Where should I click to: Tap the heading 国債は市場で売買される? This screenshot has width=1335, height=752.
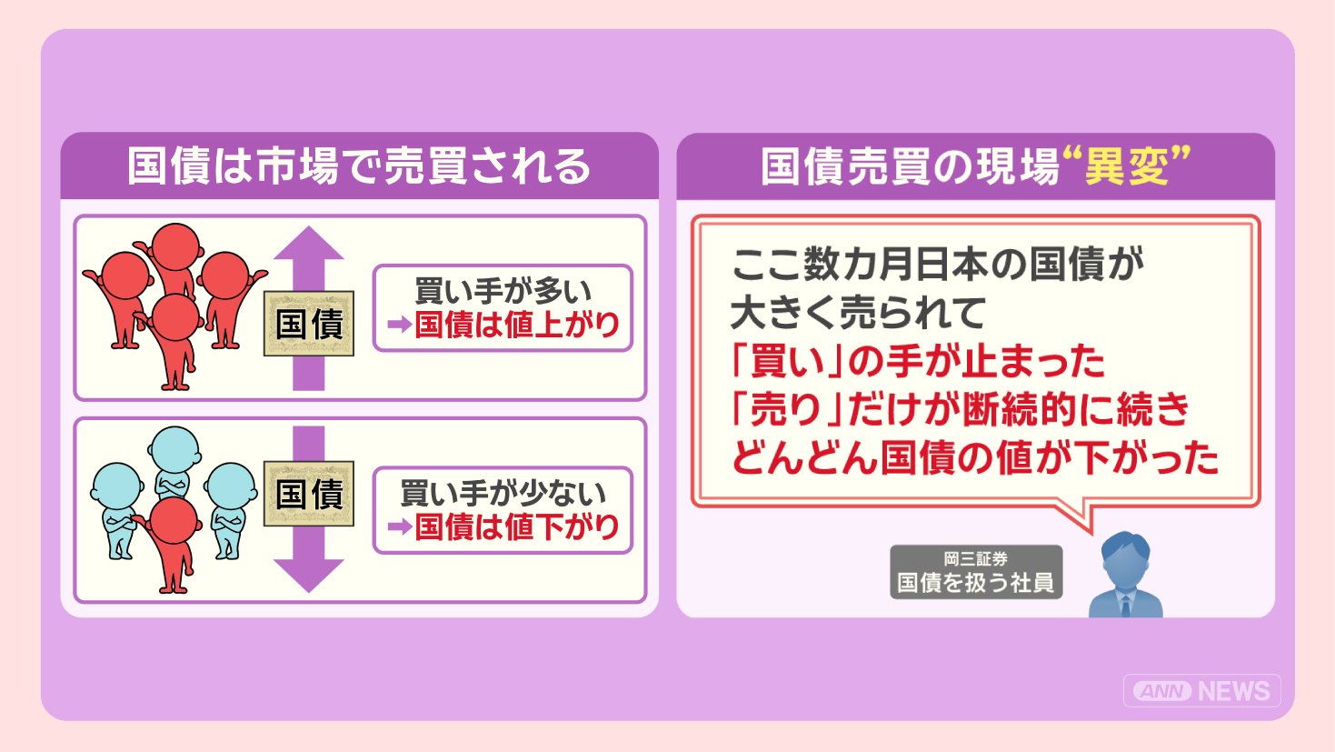tap(359, 165)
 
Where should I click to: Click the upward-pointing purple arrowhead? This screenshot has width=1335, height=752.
tap(309, 243)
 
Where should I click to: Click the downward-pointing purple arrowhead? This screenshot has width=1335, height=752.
tap(309, 576)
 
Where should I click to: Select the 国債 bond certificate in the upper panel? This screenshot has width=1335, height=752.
tap(309, 324)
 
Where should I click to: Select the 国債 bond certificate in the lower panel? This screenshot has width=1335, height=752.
tap(309, 494)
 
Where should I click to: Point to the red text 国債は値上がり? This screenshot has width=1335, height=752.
tap(517, 325)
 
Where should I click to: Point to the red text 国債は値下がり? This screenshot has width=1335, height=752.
tap(517, 526)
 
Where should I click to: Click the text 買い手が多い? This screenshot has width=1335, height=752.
tap(503, 291)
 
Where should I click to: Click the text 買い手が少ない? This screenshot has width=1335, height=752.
tap(503, 493)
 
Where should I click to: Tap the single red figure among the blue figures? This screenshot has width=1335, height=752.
tap(173, 544)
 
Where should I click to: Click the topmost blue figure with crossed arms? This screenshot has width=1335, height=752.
tap(174, 462)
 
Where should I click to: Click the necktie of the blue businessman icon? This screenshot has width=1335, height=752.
tap(1125, 606)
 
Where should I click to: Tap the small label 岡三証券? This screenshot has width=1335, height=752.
tap(976, 559)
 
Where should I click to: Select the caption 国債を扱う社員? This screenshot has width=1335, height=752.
tap(976, 583)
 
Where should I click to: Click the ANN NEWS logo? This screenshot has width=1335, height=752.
tap(1201, 690)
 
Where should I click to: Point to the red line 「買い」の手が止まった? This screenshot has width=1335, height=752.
tap(918, 362)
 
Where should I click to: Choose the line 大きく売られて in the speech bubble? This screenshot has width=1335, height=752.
tap(858, 313)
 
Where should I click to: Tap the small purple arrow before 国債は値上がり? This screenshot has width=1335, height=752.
tap(399, 325)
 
